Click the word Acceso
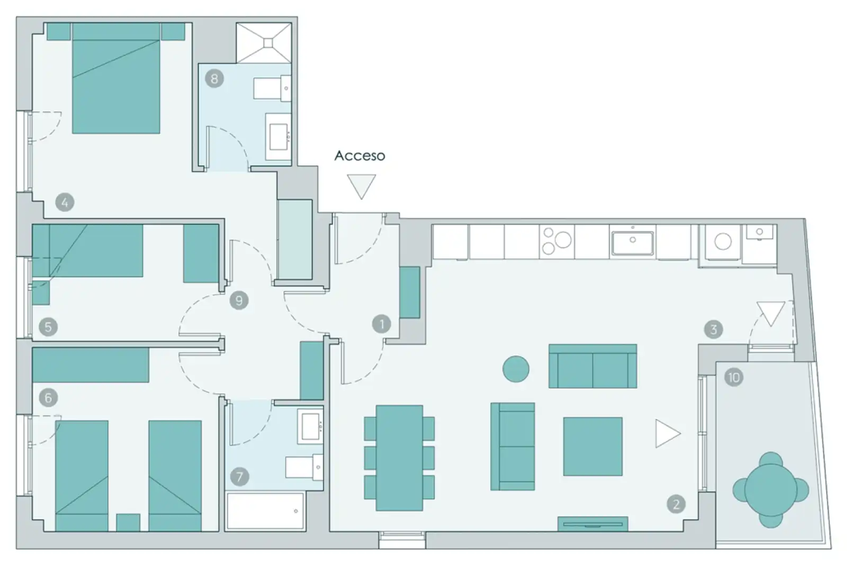pos(360,156)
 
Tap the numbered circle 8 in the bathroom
pos(214,79)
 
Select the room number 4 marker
pos(65,202)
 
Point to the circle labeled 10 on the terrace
pos(734,378)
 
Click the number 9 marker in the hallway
pos(239,300)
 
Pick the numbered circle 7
pos(239,477)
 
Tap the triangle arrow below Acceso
pos(362,186)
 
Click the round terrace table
pos(771,490)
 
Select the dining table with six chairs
pos(399,458)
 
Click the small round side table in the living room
pos(516,369)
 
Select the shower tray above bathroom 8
pos(264,43)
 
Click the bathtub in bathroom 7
pos(265,511)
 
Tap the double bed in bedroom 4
pos(116,78)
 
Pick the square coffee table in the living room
pos(593,446)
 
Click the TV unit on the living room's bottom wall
pos(593,524)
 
